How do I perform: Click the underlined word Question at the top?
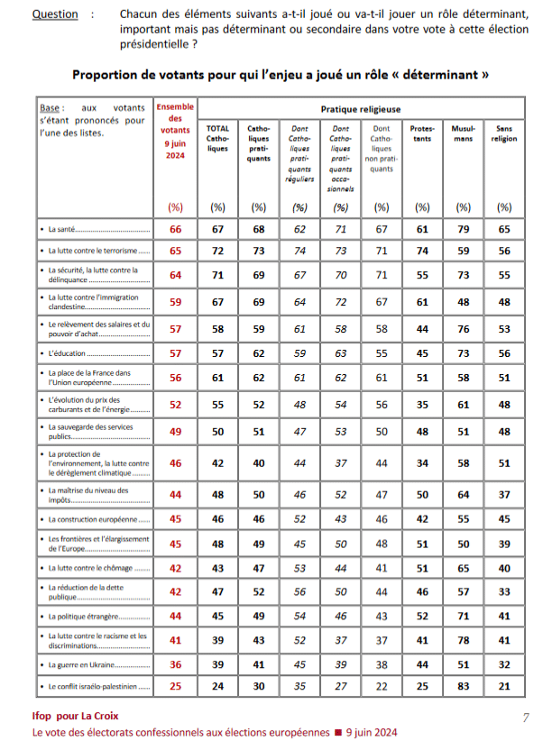pos(54,14)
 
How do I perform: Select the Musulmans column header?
pos(463,133)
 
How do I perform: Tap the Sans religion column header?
pos(504,133)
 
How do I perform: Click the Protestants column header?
pos(421,133)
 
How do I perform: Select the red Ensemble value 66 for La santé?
pos(175,230)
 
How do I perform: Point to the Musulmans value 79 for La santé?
pos(463,230)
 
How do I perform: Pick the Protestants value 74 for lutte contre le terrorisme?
pos(421,250)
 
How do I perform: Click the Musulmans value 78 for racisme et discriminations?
pos(463,641)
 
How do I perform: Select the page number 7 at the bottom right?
pos(526,718)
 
